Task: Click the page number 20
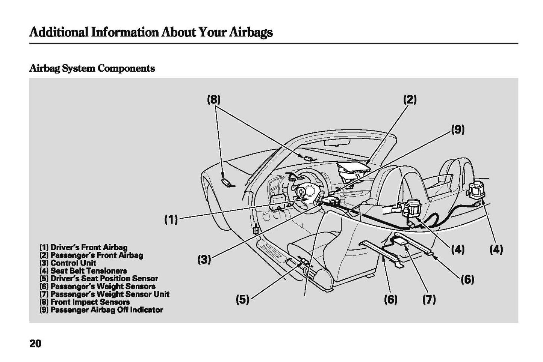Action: [35, 343]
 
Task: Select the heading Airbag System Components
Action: [92, 68]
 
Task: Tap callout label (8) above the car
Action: [213, 99]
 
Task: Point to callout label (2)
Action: [410, 99]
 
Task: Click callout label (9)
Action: [458, 129]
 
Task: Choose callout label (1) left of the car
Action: [171, 219]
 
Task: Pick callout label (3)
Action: [204, 259]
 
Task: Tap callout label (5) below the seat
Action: [242, 299]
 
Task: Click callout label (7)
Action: [429, 299]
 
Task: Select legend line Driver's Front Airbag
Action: [84, 247]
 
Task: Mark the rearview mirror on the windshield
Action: [337, 142]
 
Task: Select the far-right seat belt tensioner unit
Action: [476, 189]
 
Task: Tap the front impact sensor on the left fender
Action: [226, 182]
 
